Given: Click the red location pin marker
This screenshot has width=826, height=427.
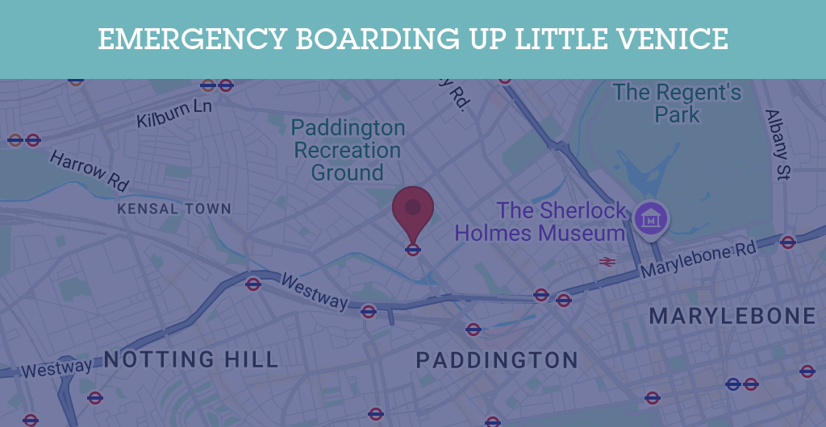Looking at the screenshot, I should pos(413,209).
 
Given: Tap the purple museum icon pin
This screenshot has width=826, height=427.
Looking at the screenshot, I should pos(651,218).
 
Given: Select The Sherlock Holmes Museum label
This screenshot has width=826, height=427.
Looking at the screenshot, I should pos(540,222).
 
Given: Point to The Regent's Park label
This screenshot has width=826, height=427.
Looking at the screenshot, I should pos(677,103).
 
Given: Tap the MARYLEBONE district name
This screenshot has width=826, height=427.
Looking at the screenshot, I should pos(732,316).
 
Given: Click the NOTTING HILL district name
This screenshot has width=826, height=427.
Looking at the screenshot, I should pos(191,359).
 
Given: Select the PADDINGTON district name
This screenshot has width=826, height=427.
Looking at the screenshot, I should pos(497,360).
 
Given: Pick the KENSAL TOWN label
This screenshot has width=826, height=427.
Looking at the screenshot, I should pos(174,209).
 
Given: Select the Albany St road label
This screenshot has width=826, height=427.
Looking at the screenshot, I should pos(778,144).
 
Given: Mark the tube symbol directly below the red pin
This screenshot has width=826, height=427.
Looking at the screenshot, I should pos(413,250).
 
